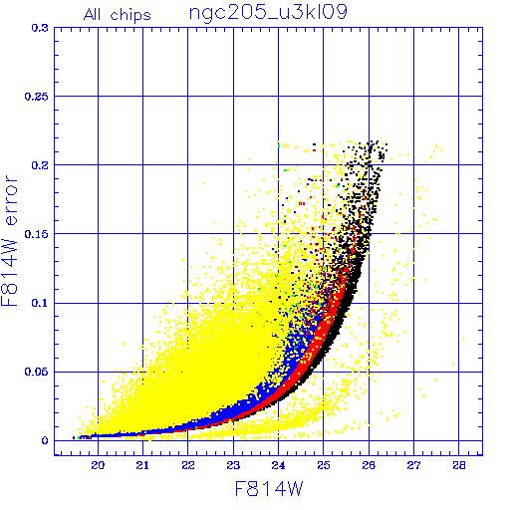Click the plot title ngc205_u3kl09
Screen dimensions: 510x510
click(x=268, y=13)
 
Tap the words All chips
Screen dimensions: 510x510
click(x=118, y=15)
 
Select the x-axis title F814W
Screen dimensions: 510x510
click(x=269, y=489)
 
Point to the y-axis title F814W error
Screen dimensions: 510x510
click(x=10, y=241)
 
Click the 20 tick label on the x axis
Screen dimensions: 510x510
click(x=98, y=465)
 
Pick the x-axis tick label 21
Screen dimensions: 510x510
click(x=142, y=465)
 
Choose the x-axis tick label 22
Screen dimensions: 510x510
click(x=188, y=465)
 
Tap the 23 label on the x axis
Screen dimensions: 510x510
click(x=233, y=465)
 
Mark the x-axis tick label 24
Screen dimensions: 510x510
click(x=278, y=465)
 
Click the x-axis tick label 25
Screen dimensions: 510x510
click(x=324, y=465)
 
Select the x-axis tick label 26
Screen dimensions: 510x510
click(x=369, y=465)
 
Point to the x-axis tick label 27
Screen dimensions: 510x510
click(x=413, y=465)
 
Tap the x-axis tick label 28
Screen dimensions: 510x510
click(x=459, y=465)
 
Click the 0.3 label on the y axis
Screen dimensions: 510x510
click(x=40, y=28)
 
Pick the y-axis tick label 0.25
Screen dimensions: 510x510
click(x=37, y=97)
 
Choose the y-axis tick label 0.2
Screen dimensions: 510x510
click(x=40, y=165)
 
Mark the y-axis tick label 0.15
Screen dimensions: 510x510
click(x=37, y=234)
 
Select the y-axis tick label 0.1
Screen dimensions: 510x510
click(x=40, y=303)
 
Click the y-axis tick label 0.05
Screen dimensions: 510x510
click(x=37, y=372)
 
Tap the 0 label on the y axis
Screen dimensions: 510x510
click(x=45, y=441)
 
